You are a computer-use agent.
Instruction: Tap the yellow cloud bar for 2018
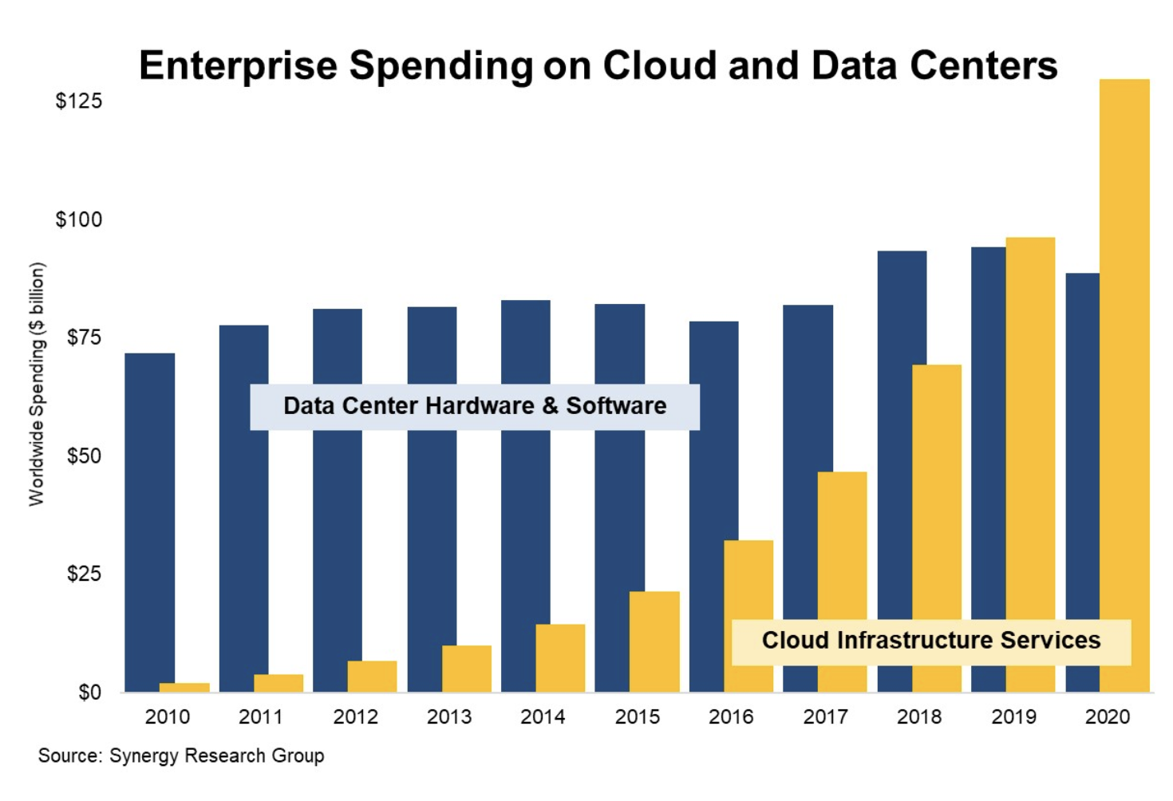(937, 495)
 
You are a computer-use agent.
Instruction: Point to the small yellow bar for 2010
(184, 687)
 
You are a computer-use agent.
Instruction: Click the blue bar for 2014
(525, 495)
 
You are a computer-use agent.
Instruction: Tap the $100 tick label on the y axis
(78, 219)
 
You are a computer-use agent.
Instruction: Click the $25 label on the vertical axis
(84, 574)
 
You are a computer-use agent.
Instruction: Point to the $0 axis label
(89, 692)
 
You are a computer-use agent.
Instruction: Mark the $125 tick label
(78, 101)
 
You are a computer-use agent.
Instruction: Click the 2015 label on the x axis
(637, 717)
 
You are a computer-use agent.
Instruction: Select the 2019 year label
(1013, 717)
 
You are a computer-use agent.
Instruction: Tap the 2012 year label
(355, 717)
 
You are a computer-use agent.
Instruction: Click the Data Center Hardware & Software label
(475, 406)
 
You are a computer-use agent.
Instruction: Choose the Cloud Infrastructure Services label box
(931, 641)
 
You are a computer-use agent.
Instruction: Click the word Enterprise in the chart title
(238, 65)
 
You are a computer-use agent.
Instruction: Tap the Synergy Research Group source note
(181, 756)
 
